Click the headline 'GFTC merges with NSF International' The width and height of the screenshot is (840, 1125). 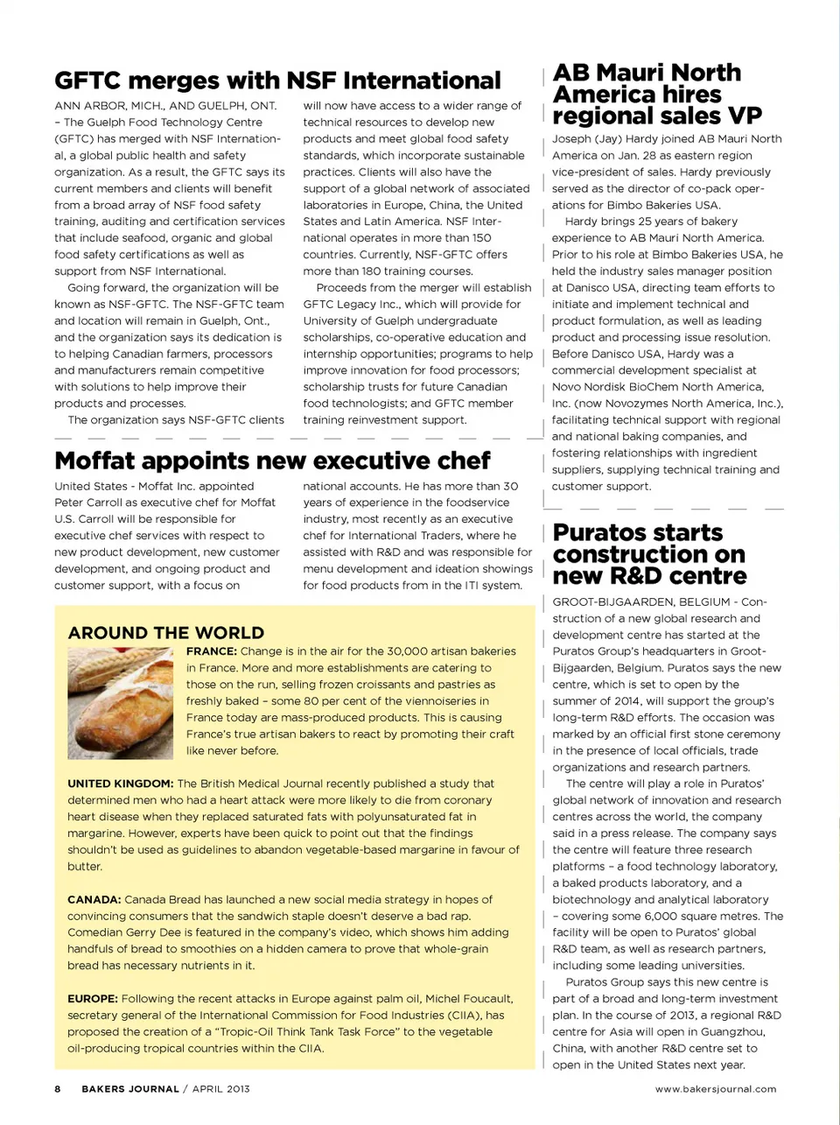[x=277, y=81]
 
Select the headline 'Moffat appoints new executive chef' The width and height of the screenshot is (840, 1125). [x=272, y=461]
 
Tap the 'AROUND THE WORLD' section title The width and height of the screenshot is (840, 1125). [x=166, y=633]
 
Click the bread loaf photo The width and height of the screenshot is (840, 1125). [x=121, y=702]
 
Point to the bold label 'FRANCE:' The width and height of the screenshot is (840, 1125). [x=212, y=651]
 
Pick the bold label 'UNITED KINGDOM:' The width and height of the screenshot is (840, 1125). [x=121, y=784]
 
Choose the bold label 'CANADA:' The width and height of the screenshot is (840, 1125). [x=94, y=899]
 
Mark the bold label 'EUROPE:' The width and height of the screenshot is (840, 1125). [x=93, y=999]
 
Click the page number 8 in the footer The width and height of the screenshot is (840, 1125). [x=58, y=1089]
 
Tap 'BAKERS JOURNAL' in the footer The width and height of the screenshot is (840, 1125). [x=130, y=1089]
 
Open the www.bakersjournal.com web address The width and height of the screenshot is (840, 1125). [x=716, y=1089]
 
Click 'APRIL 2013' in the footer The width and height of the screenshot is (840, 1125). [x=221, y=1089]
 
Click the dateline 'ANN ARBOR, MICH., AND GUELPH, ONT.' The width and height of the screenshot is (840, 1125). [x=165, y=106]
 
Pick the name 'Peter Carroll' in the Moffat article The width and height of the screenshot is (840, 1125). [x=89, y=503]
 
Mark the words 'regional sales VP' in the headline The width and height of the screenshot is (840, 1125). [x=657, y=116]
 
